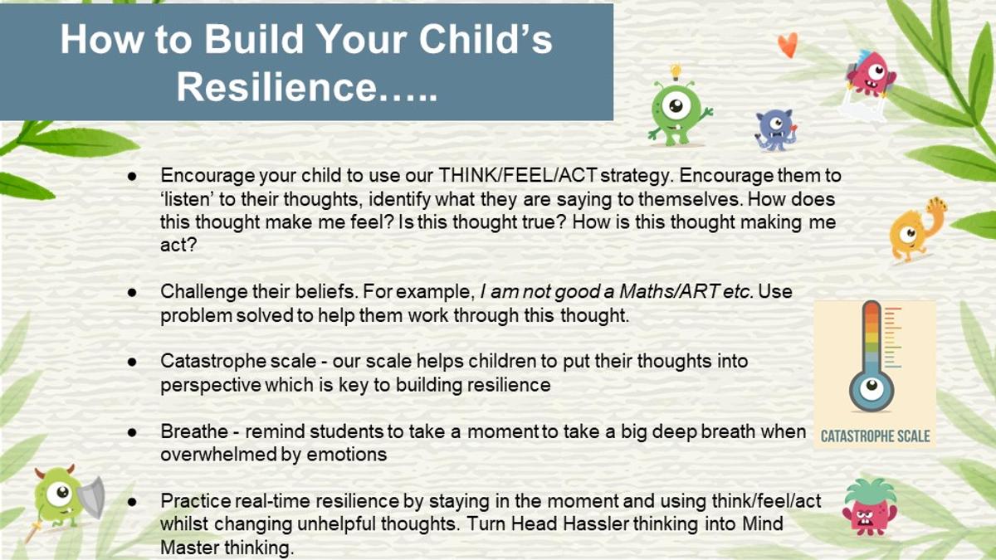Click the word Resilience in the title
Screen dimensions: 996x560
[x=277, y=86]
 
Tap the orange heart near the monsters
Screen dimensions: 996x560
[x=788, y=45]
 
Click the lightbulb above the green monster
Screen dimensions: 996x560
[x=676, y=71]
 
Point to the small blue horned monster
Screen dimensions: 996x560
[x=775, y=129]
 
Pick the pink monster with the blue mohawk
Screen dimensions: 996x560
[x=871, y=74]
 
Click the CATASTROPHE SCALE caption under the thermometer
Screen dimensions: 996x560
[x=875, y=436]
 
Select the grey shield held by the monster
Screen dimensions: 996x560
[x=91, y=497]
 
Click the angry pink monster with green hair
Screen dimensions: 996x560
[x=870, y=507]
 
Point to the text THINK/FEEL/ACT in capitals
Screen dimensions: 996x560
[x=518, y=176]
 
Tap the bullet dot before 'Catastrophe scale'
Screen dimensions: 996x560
[x=132, y=362]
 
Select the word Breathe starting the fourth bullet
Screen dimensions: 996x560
[x=195, y=431]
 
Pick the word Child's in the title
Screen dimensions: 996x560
[x=485, y=39]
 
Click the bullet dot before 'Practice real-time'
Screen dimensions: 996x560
[x=132, y=502]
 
